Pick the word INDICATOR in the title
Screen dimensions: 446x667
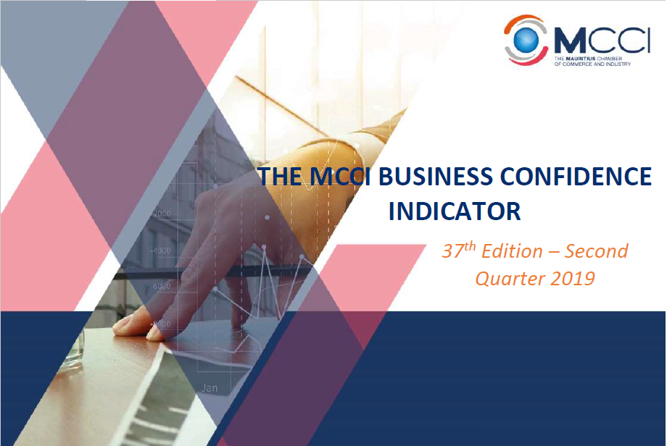pos(455,211)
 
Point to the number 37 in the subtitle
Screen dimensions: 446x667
pos(452,252)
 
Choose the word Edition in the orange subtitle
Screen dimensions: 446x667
pos(513,252)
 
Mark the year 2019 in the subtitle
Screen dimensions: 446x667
pos(571,278)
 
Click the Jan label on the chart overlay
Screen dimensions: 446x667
pos(209,387)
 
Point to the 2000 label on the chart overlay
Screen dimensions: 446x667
pos(161,214)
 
